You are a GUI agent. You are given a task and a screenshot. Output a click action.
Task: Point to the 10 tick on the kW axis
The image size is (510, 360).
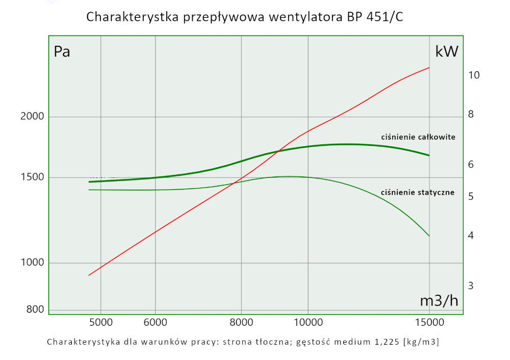click(x=473, y=75)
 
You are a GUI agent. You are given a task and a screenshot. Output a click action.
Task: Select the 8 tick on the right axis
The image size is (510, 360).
click(x=471, y=115)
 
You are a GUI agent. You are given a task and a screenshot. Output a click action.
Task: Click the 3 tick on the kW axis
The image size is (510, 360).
click(x=471, y=286)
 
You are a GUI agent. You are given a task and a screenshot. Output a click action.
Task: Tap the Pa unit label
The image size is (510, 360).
click(x=62, y=52)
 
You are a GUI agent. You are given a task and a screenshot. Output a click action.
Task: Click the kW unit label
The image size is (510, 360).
click(x=447, y=52)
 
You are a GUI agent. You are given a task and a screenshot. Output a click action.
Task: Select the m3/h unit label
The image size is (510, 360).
click(x=439, y=301)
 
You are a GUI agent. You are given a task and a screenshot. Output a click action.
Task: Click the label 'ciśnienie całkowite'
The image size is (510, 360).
click(x=418, y=137)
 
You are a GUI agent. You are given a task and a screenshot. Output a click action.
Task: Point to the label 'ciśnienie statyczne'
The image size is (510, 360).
click(x=418, y=193)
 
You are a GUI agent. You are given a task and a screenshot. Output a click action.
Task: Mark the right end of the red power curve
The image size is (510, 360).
click(x=429, y=67)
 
